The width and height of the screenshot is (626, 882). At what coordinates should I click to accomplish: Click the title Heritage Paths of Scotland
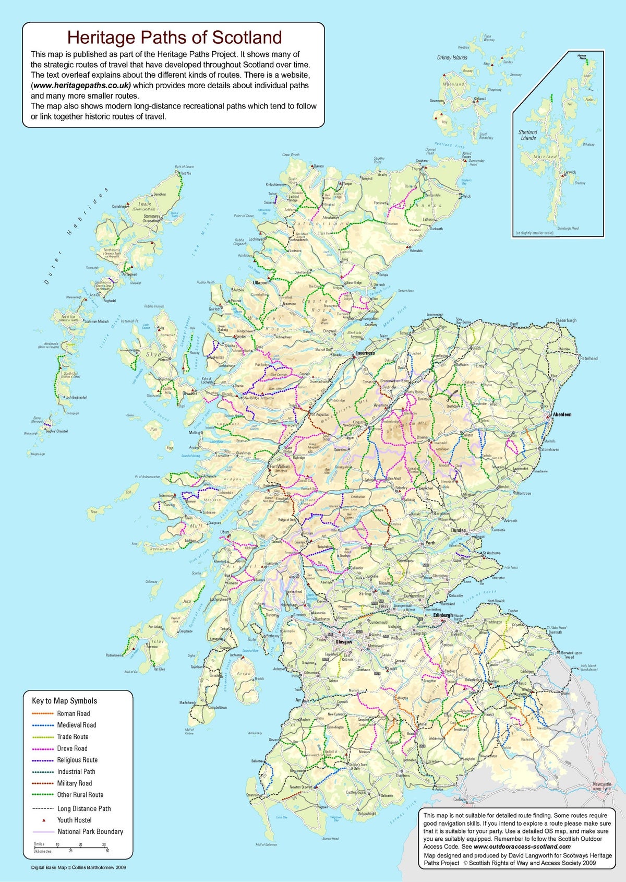[x=175, y=38]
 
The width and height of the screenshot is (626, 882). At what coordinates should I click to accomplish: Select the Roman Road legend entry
[x=73, y=713]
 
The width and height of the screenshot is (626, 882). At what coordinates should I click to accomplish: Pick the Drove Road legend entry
[x=72, y=748]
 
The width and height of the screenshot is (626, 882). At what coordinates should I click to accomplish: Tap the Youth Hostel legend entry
[x=74, y=820]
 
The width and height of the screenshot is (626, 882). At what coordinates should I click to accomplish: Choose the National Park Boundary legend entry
[x=90, y=831]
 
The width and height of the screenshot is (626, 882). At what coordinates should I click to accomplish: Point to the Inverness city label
[x=366, y=353]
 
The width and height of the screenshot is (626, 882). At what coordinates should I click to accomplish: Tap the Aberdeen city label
[x=562, y=414]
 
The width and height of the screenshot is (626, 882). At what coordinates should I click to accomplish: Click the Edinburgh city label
[x=443, y=615]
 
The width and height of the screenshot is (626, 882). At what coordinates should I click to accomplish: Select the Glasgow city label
[x=344, y=642]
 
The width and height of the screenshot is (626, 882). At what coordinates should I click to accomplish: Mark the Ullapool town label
[x=260, y=282]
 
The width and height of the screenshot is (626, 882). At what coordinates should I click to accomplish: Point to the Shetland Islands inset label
[x=528, y=135]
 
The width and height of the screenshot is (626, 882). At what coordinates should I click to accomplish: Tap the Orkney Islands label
[x=452, y=57]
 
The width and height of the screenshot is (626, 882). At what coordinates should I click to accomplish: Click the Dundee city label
[x=459, y=530]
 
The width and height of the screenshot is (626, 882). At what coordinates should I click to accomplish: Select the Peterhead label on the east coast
[x=588, y=359]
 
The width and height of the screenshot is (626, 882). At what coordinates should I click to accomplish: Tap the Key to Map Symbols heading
[x=64, y=701]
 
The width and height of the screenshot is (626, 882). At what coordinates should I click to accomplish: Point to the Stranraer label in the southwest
[x=252, y=795]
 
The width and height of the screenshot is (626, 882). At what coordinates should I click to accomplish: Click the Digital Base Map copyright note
[x=78, y=867]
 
